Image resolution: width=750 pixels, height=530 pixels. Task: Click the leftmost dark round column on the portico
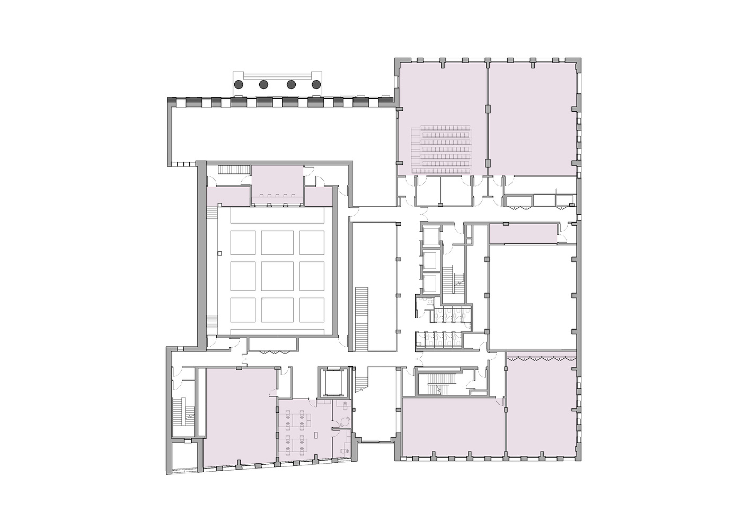pos(239,84)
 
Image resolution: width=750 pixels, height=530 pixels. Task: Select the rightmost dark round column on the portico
pos(316,84)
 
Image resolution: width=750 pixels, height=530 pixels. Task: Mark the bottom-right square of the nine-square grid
pos(312,310)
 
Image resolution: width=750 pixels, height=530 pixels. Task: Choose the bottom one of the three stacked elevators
pos(431,282)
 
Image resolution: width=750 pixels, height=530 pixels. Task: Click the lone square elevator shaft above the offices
pos(332,382)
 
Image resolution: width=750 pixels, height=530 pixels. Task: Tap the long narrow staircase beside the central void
pos(361,319)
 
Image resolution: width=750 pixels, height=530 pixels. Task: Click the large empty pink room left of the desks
pos(240,416)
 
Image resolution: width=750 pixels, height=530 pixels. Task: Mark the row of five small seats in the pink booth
pos(277,196)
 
